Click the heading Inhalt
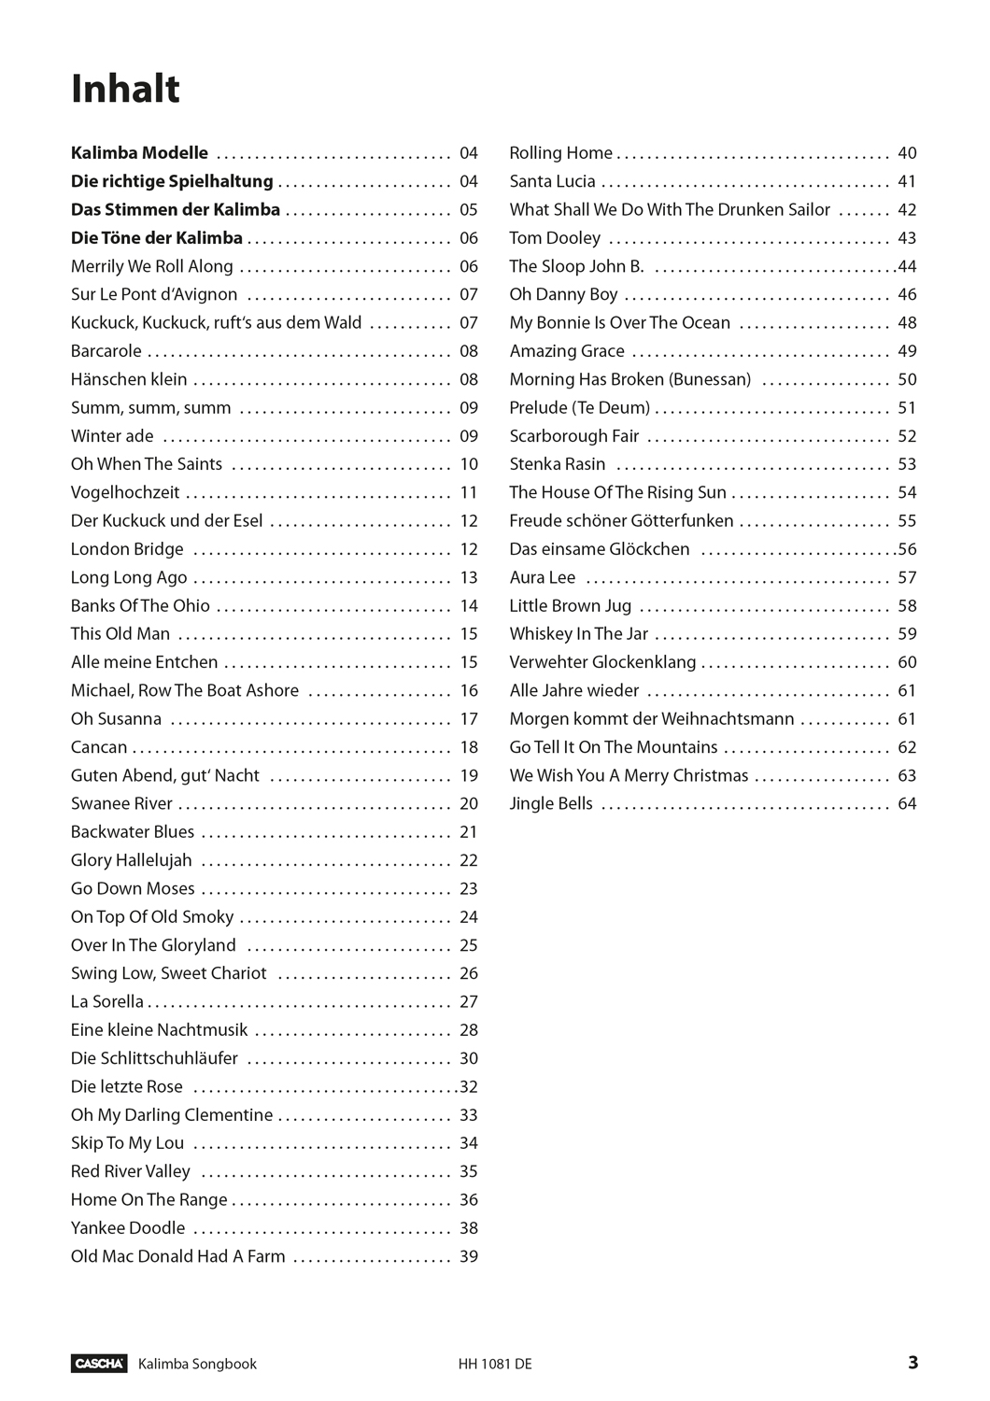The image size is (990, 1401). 125,90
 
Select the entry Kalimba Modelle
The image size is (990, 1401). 139,153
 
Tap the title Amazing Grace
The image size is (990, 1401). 567,351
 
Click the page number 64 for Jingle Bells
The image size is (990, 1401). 907,804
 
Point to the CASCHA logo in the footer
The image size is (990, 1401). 98,1364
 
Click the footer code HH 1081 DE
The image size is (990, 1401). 495,1364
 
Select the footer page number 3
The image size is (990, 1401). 912,1363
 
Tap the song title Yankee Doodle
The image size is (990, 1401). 128,1228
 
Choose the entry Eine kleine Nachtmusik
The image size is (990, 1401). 160,1030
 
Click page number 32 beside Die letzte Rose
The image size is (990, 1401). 469,1087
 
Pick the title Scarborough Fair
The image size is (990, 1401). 574,436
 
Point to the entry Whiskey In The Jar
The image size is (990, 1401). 578,634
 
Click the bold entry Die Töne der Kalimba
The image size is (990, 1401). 157,238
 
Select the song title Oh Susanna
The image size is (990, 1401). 116,719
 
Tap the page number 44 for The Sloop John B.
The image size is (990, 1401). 907,266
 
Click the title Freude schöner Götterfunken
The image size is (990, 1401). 621,521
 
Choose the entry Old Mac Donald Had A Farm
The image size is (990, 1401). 178,1256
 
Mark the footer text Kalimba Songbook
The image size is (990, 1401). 197,1364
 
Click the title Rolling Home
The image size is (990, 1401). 560,153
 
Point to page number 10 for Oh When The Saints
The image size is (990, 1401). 469,464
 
